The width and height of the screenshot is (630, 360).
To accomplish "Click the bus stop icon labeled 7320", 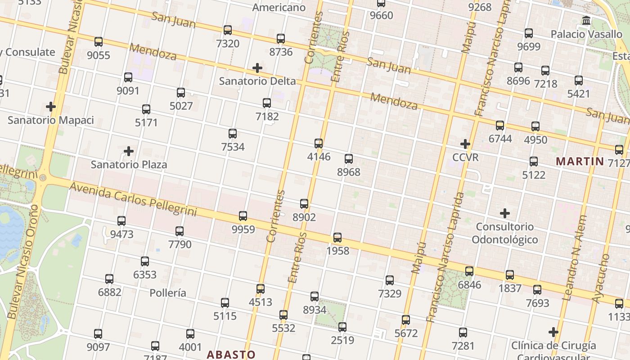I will [228, 30].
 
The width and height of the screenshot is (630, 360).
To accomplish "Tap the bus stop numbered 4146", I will [319, 144].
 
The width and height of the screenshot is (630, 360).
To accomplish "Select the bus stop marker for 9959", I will [243, 216].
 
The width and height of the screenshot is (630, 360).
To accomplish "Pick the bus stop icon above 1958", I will [337, 238].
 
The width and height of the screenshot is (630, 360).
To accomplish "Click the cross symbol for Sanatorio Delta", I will [257, 68].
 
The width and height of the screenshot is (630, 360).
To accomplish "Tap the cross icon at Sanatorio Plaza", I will [129, 151].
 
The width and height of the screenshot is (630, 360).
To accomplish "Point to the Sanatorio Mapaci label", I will [51, 120].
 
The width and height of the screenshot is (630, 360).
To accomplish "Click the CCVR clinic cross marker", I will [465, 144].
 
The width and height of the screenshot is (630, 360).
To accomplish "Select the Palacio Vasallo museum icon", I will [586, 21].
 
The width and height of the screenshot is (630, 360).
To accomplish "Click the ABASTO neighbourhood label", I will [231, 354].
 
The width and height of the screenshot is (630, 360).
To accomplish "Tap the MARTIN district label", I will [580, 161].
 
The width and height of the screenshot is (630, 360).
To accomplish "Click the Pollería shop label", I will [168, 293].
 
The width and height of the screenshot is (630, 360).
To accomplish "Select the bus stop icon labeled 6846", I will [469, 271].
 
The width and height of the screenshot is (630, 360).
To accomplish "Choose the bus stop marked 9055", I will [99, 42].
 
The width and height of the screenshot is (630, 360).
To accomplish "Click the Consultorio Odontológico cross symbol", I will [505, 213].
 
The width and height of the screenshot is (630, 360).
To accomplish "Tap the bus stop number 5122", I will [534, 161].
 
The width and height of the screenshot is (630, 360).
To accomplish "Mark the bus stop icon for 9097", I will [98, 334].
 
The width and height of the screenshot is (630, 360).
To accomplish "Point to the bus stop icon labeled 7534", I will [233, 134].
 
